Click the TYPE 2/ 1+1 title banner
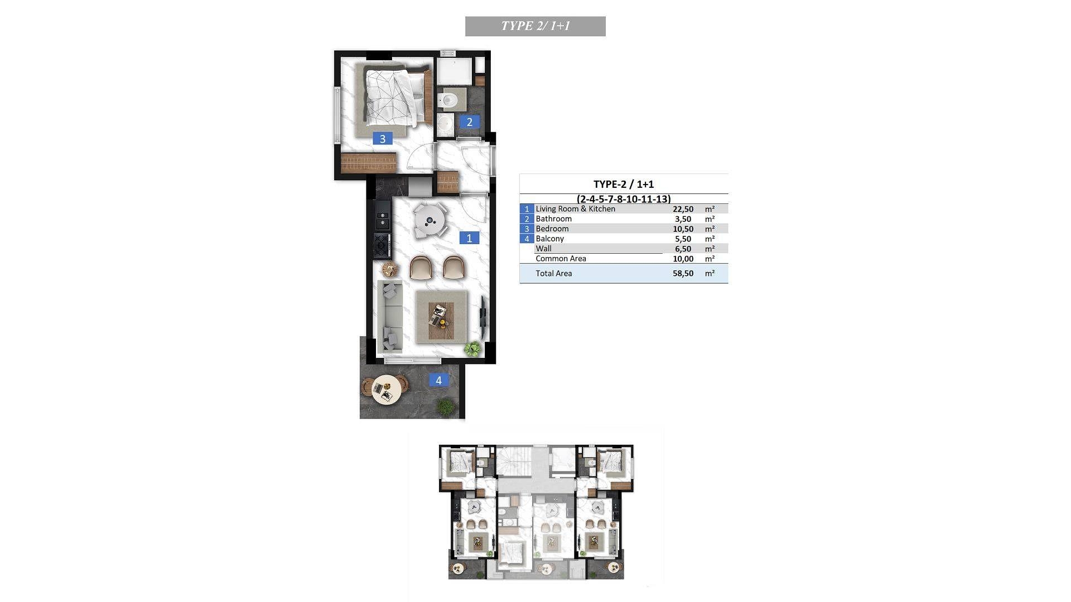click(535, 26)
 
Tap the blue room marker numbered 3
click(383, 139)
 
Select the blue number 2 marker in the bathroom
click(469, 122)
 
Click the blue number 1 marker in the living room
click(469, 238)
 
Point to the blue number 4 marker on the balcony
click(438, 380)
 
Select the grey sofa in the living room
click(390, 317)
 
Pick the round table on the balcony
click(385, 389)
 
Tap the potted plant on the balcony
click(445, 406)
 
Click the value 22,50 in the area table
click(683, 209)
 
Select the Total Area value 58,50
click(683, 273)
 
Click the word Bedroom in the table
click(552, 229)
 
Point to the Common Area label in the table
click(561, 259)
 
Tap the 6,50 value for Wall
click(683, 249)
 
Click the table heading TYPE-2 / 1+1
click(624, 184)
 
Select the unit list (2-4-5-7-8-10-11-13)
click(624, 198)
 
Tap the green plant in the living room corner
click(473, 349)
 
